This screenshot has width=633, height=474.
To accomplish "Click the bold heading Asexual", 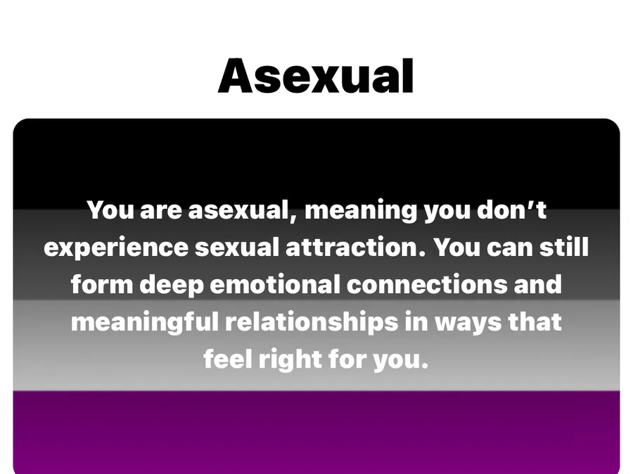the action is [x=316, y=76].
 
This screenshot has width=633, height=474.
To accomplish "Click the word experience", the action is [x=116, y=248].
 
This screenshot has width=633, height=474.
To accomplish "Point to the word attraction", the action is [x=356, y=247].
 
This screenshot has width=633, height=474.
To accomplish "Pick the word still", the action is [x=564, y=246].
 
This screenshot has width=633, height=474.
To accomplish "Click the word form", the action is [x=102, y=284].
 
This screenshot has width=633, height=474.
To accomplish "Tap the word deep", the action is [x=172, y=285].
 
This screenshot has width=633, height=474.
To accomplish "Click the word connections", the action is [x=427, y=284].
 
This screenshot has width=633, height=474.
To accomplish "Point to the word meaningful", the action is [x=144, y=322].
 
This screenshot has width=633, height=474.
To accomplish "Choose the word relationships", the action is [x=312, y=322].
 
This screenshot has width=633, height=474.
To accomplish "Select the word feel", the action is [x=228, y=358].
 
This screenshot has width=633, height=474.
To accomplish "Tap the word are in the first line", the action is [x=160, y=211].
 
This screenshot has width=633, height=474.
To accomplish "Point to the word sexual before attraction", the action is [x=237, y=247].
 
